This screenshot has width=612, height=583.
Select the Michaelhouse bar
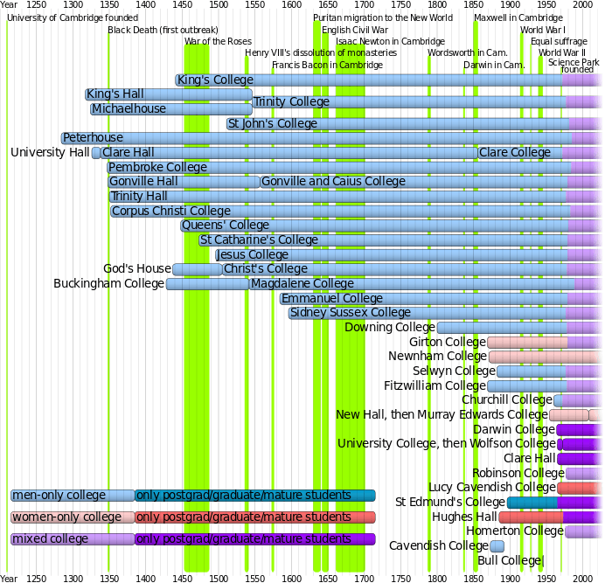[170, 109]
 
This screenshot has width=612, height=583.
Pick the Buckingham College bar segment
[207, 284]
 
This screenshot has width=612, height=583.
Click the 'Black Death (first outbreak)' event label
[163, 30]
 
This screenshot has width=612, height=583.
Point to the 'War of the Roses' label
[218, 41]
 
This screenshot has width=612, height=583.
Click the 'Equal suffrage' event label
[559, 41]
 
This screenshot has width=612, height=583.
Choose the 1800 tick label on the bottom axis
[437, 578]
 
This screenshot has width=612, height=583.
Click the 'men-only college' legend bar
[73, 496]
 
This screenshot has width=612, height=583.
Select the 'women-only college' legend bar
[73, 517]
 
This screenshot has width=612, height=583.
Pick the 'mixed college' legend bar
[73, 539]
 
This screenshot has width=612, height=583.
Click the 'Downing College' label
[390, 328]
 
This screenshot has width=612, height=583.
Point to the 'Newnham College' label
[437, 357]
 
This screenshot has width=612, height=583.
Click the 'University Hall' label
[50, 153]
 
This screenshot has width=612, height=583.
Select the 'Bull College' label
[510, 560]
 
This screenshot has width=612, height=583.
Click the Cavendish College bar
[497, 546]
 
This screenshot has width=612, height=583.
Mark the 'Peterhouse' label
[94, 138]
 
